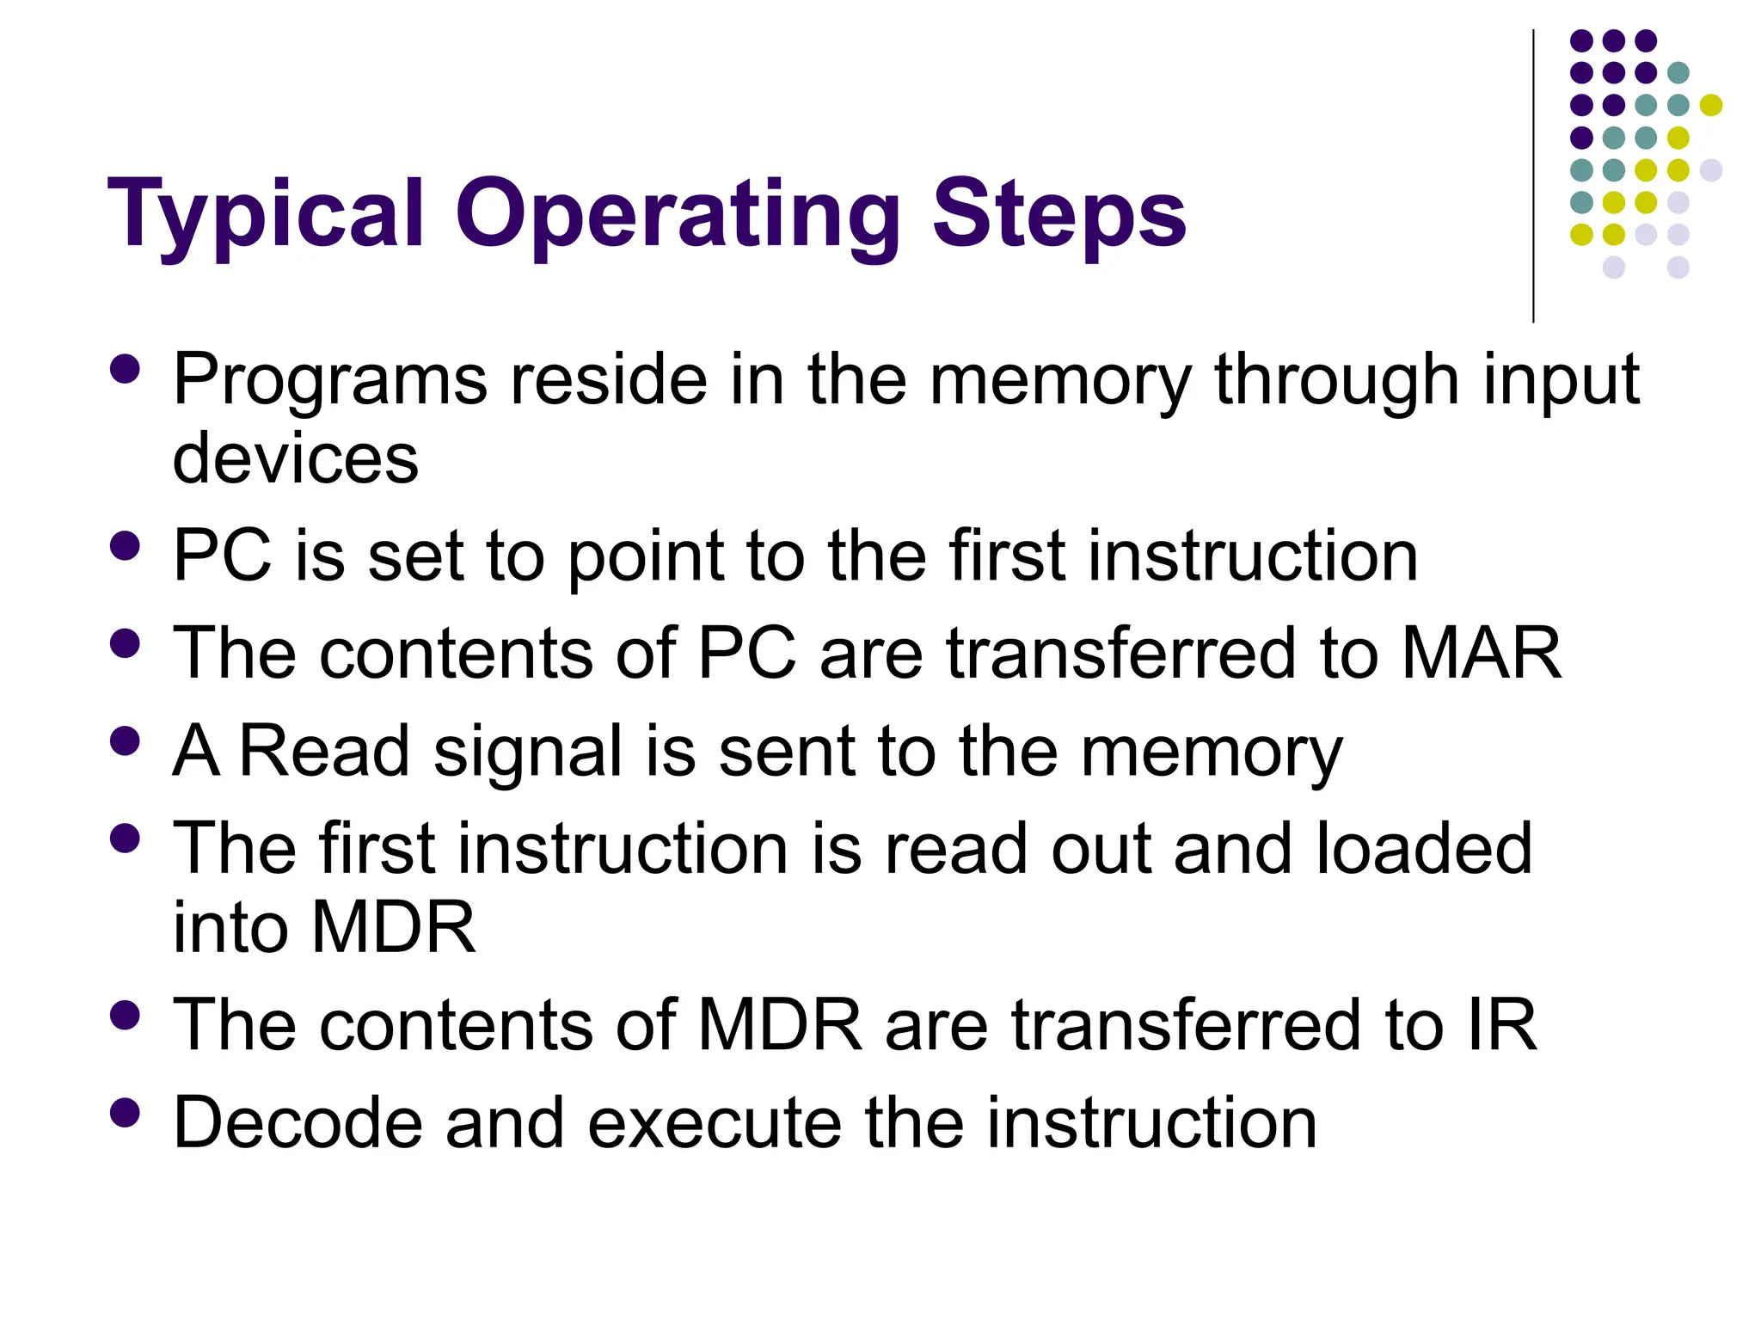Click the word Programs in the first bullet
(330, 380)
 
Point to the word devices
(296, 458)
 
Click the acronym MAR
(1482, 653)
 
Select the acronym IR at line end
(1502, 1024)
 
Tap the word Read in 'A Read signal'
(324, 751)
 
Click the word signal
(528, 751)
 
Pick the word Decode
(298, 1122)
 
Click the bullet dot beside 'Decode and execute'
(126, 1112)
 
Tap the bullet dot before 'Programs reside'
(126, 369)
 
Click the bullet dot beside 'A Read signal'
(126, 740)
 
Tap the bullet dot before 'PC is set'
(126, 545)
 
